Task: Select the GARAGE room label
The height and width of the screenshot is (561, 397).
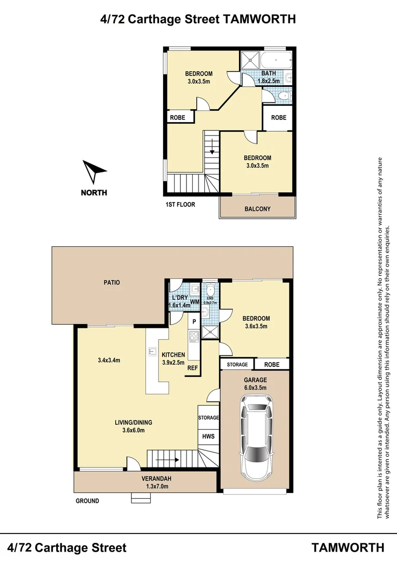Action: [x=255, y=380]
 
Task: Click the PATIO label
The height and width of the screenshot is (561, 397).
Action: [x=112, y=282]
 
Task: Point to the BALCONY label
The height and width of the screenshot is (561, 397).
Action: [x=257, y=209]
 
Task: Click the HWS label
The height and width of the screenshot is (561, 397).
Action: [x=208, y=436]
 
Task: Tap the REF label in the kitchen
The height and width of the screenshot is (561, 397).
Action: [x=193, y=368]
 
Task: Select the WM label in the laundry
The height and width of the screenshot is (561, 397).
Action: [x=194, y=302]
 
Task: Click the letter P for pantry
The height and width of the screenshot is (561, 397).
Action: [x=194, y=322]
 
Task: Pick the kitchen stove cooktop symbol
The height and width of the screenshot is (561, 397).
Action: [x=194, y=337]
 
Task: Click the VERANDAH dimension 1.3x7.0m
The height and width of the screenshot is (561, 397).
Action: [x=156, y=486]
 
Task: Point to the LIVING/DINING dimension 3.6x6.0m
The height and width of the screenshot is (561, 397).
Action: [x=134, y=430]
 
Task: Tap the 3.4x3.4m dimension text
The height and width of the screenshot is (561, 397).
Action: [x=109, y=360]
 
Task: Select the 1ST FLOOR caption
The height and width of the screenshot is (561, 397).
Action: [x=180, y=204]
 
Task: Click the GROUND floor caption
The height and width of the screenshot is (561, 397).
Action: [x=87, y=501]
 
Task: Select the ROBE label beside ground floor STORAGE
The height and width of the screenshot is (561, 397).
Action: [x=272, y=364]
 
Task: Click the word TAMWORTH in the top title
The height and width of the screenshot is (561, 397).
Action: [x=259, y=19]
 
